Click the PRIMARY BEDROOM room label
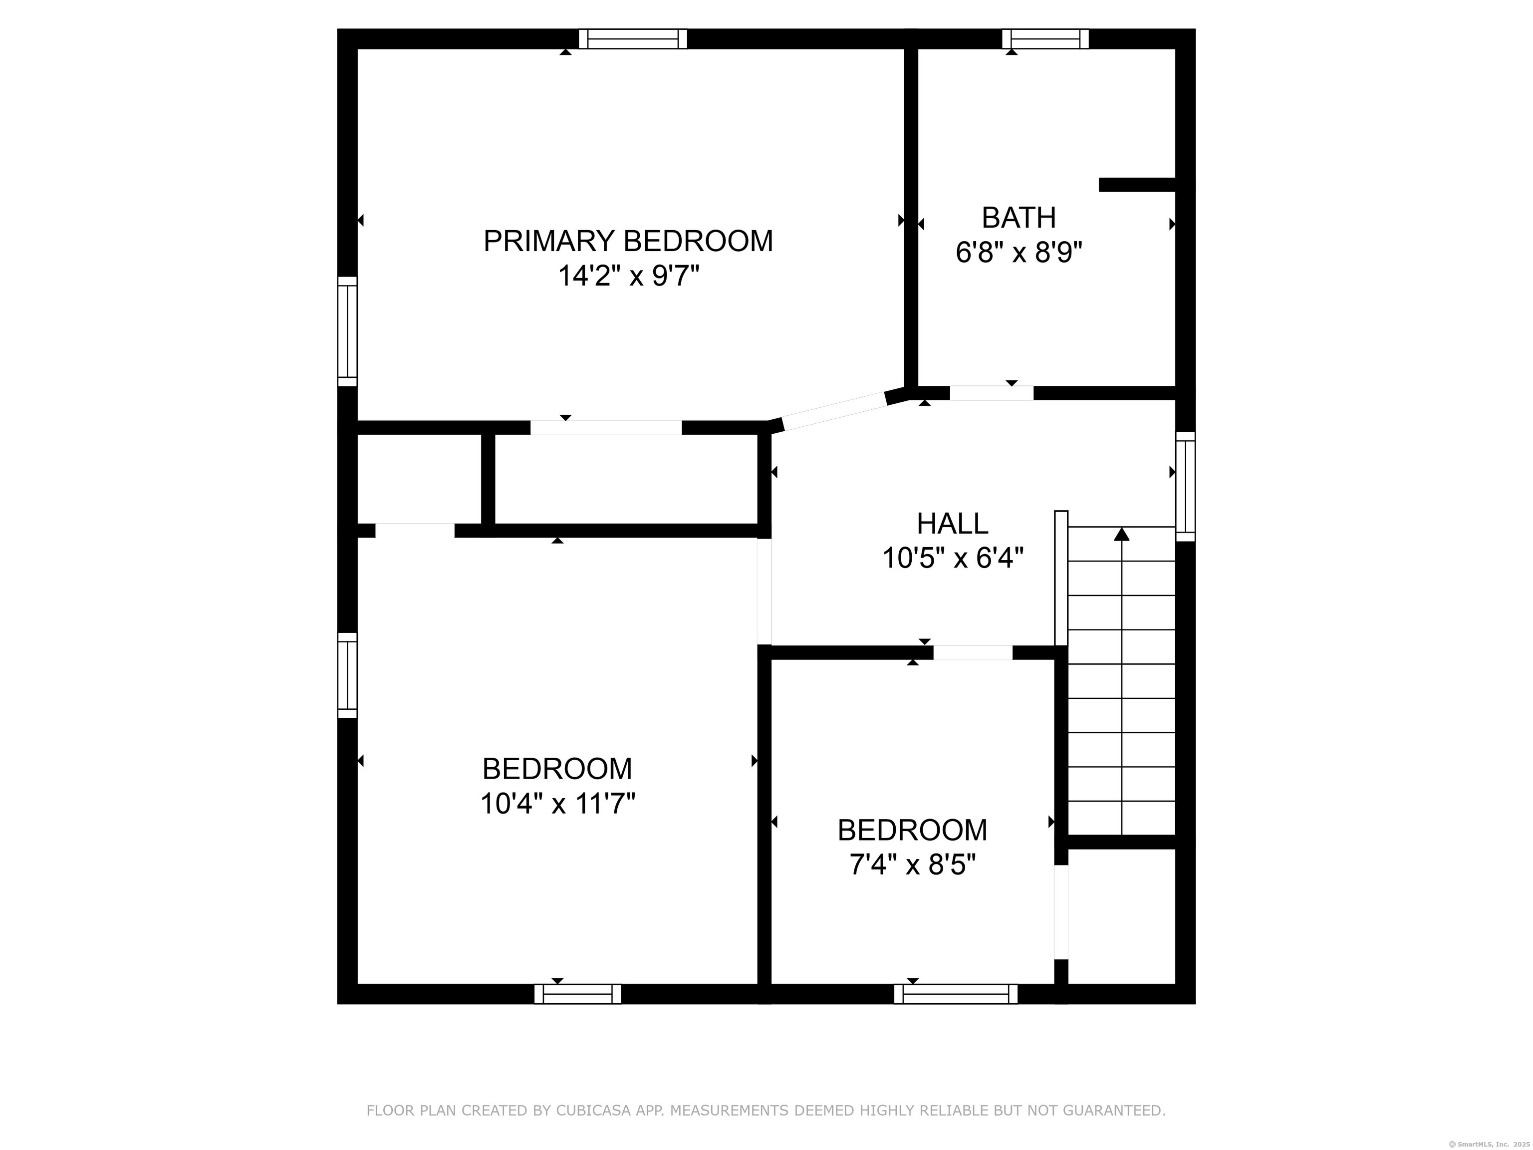click(x=628, y=241)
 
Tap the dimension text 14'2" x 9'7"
click(x=629, y=277)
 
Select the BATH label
click(x=1019, y=218)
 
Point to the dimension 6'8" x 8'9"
click(x=1019, y=253)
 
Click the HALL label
click(x=952, y=524)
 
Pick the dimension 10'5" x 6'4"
click(x=953, y=558)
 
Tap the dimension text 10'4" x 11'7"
click(x=558, y=804)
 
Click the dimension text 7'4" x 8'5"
click(x=913, y=864)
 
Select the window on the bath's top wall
click(x=1045, y=39)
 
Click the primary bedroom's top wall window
click(x=633, y=39)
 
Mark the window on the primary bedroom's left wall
click(x=347, y=331)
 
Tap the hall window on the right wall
click(x=1186, y=487)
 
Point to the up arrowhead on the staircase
click(x=1121, y=534)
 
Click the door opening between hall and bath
click(x=992, y=393)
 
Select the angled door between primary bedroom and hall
click(x=834, y=412)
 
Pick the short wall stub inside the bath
click(x=1137, y=185)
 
